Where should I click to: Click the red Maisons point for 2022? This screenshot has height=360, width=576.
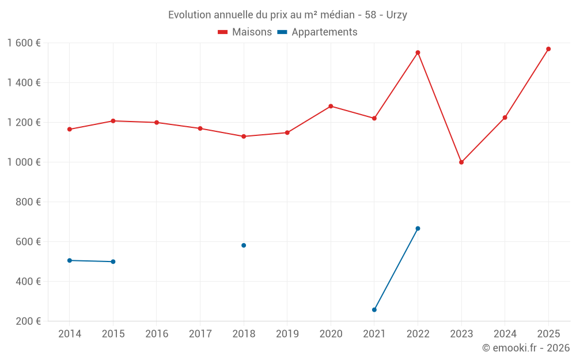pyautogui.click(x=418, y=52)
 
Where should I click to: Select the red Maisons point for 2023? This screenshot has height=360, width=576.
pyautogui.click(x=461, y=162)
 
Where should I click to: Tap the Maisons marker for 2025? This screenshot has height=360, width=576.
pyautogui.click(x=548, y=49)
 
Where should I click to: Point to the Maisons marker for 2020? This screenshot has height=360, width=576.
pyautogui.click(x=331, y=106)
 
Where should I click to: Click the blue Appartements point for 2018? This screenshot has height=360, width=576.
pyautogui.click(x=244, y=245)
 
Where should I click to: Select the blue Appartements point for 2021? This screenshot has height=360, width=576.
pyautogui.click(x=374, y=310)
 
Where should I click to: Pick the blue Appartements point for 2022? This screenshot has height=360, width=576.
pyautogui.click(x=418, y=229)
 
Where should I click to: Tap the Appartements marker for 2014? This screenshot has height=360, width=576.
pyautogui.click(x=70, y=260)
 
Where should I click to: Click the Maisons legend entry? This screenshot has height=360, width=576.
pyautogui.click(x=245, y=32)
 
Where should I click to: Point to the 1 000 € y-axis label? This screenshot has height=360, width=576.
pyautogui.click(x=24, y=162)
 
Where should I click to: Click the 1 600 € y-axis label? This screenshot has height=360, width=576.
pyautogui.click(x=24, y=43)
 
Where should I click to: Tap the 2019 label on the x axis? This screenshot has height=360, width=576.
pyautogui.click(x=287, y=334)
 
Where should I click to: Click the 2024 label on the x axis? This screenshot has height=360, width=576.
pyautogui.click(x=505, y=334)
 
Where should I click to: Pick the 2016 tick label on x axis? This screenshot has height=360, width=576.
pyautogui.click(x=157, y=334)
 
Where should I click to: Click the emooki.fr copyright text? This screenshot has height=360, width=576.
pyautogui.click(x=525, y=348)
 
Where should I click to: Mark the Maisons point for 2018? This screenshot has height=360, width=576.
pyautogui.click(x=244, y=137)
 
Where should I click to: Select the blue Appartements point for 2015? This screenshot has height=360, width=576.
pyautogui.click(x=113, y=262)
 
